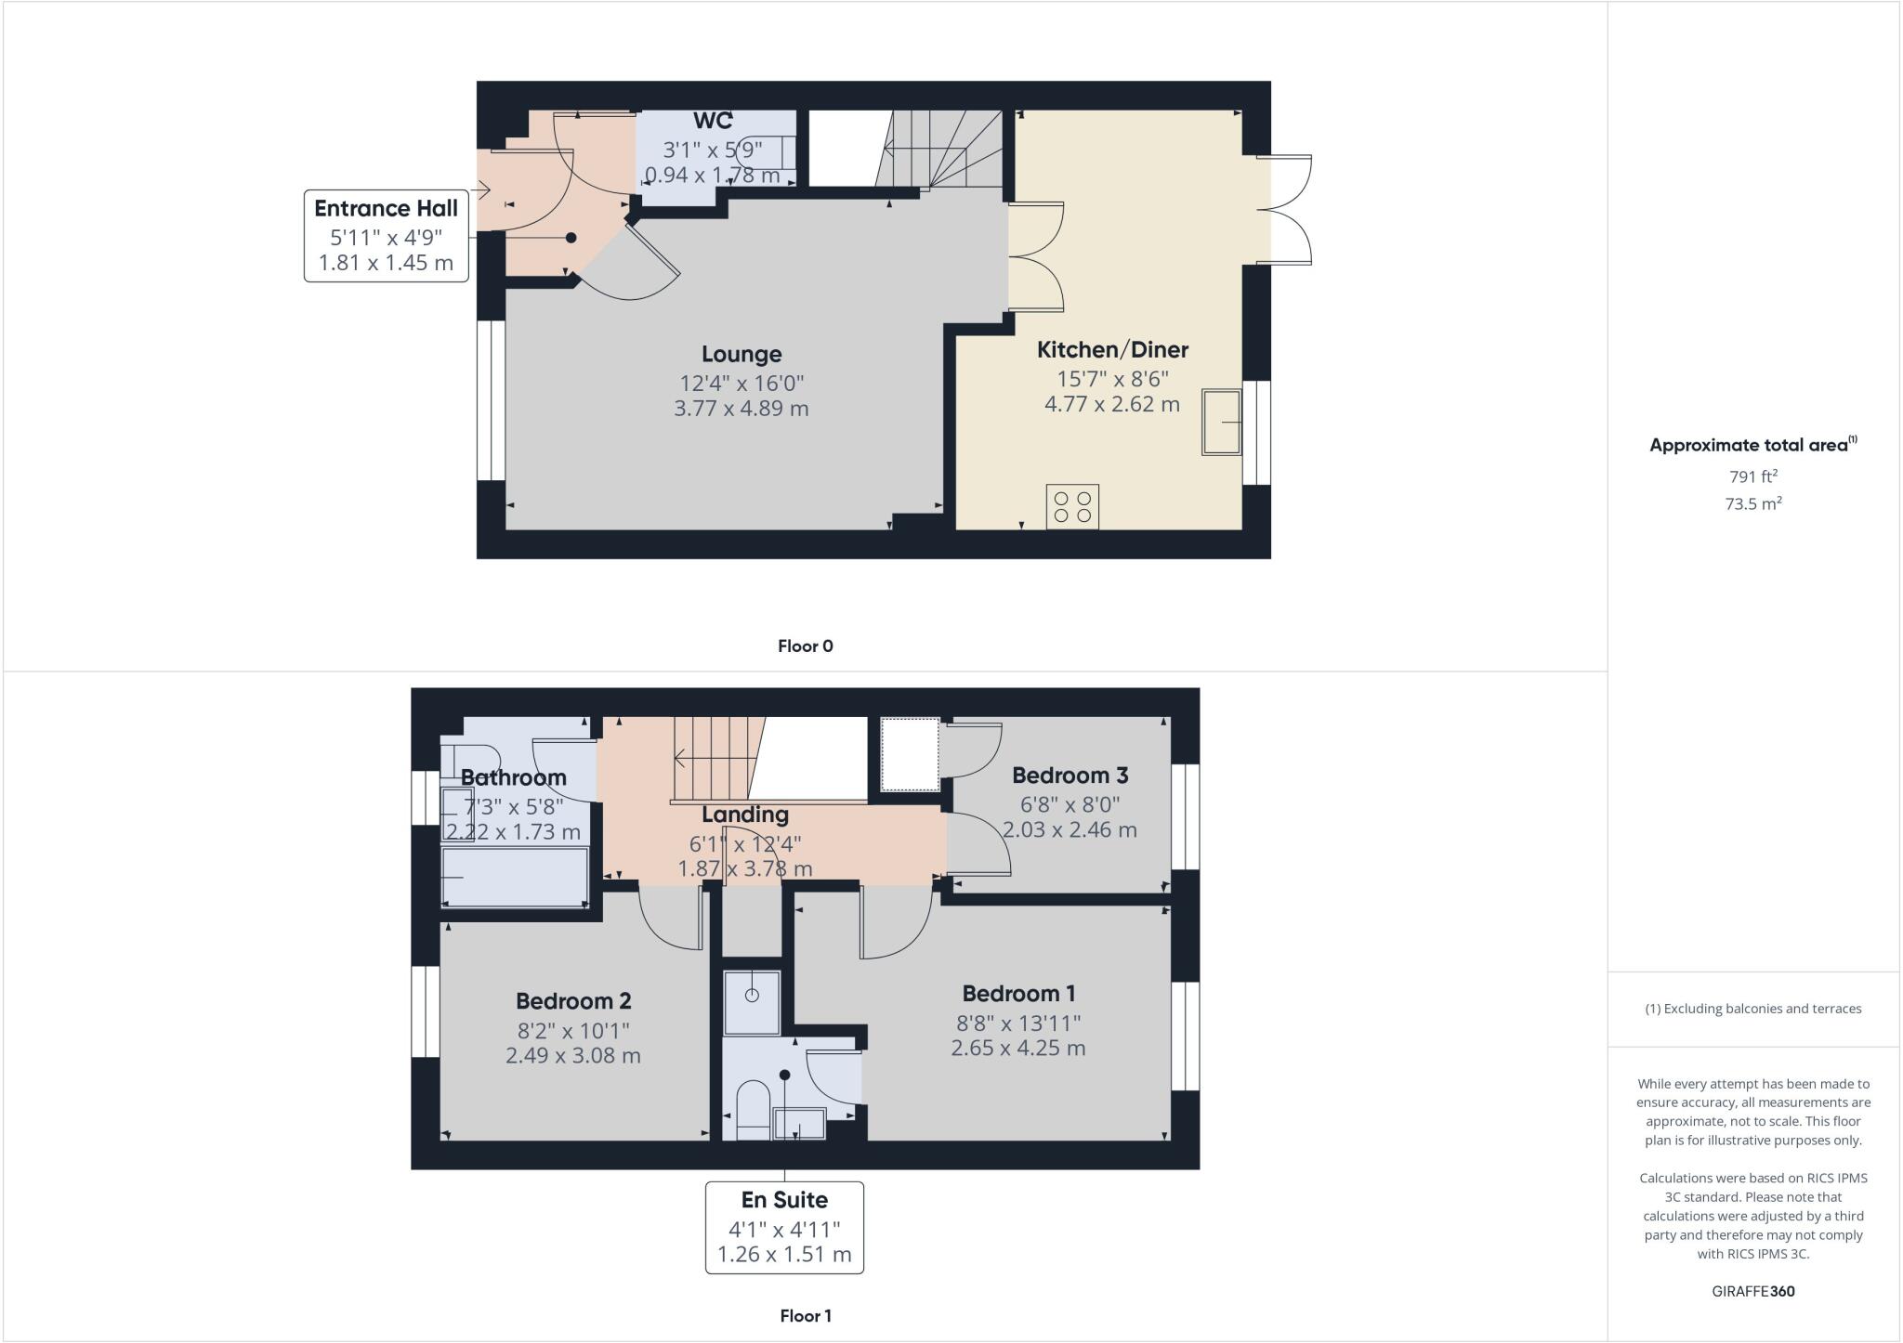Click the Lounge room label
[741, 354]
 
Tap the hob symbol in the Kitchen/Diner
[1072, 507]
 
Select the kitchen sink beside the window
[1222, 423]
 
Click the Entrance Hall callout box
[386, 235]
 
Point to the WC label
[713, 121]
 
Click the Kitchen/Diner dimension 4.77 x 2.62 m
[1112, 404]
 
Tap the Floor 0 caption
[805, 646]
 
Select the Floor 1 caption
[805, 1316]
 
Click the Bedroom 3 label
[1070, 775]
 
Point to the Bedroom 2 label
[573, 1001]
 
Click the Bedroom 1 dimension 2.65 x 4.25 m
[1017, 1048]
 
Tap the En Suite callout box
[784, 1227]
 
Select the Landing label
[744, 815]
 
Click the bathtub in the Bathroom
[515, 877]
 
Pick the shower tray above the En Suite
[752, 1002]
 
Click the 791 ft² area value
[1752, 476]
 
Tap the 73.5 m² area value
[1752, 504]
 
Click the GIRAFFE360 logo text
[1752, 1291]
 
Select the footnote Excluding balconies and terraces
[1752, 1009]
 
